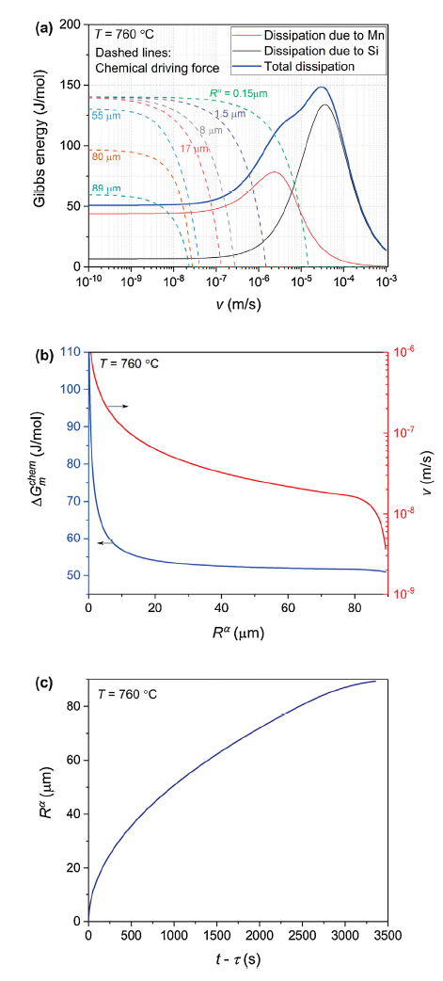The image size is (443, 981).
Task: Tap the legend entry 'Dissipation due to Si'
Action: (x=321, y=50)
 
